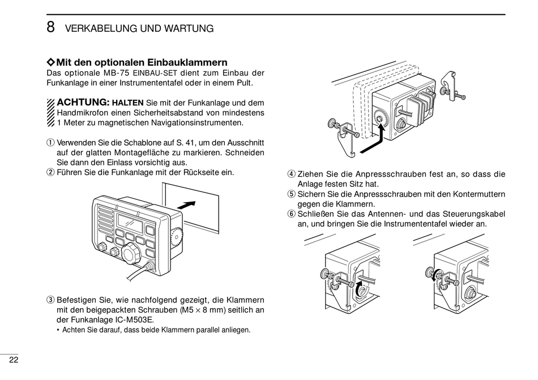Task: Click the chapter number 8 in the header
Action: tap(50, 27)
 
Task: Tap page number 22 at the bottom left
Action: tap(13, 360)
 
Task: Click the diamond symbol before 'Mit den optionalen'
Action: tap(50, 62)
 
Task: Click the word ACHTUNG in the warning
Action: tap(83, 103)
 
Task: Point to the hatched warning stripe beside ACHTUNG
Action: tap(50, 112)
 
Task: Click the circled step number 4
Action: tap(291, 174)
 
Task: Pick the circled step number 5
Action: tap(291, 194)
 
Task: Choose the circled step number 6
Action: tap(291, 214)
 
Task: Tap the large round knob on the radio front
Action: tap(131, 254)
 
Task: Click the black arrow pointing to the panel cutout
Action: tap(186, 204)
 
